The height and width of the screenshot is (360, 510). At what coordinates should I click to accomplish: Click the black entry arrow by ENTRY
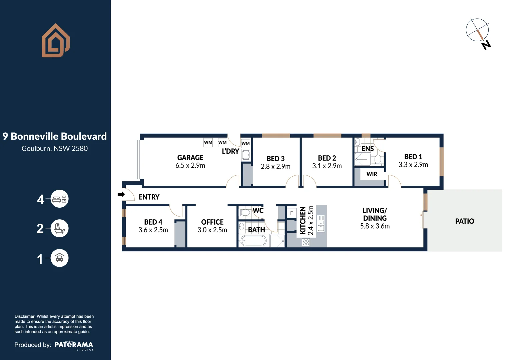click(x=121, y=194)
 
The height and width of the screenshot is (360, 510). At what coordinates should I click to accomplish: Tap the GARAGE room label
click(x=190, y=158)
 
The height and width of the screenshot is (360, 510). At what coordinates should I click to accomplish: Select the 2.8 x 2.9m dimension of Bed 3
click(x=276, y=166)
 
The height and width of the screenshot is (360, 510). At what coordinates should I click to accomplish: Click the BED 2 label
click(x=327, y=158)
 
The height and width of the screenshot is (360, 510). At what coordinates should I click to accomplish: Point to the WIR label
click(x=372, y=174)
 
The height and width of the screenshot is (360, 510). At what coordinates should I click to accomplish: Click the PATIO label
click(x=464, y=221)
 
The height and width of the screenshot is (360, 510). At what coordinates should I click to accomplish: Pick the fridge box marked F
click(x=292, y=213)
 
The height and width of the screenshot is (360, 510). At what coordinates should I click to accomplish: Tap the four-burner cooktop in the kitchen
click(x=306, y=242)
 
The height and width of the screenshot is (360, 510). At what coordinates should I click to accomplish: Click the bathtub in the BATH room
click(x=253, y=240)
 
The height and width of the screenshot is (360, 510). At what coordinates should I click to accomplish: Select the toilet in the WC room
click(x=245, y=212)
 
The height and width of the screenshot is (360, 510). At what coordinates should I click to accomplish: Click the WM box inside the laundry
click(x=245, y=143)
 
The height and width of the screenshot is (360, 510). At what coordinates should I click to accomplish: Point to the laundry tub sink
click(x=246, y=155)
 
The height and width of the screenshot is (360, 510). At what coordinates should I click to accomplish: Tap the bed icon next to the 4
click(x=59, y=199)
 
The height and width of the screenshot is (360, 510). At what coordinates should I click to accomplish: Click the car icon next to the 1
click(x=59, y=258)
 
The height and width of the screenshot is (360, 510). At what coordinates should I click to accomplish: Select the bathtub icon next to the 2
click(x=59, y=229)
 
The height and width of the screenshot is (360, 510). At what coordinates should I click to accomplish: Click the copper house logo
click(x=55, y=41)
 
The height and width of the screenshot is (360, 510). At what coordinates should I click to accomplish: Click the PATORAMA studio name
click(x=74, y=345)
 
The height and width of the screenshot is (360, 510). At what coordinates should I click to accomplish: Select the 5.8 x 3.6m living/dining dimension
click(x=375, y=226)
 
